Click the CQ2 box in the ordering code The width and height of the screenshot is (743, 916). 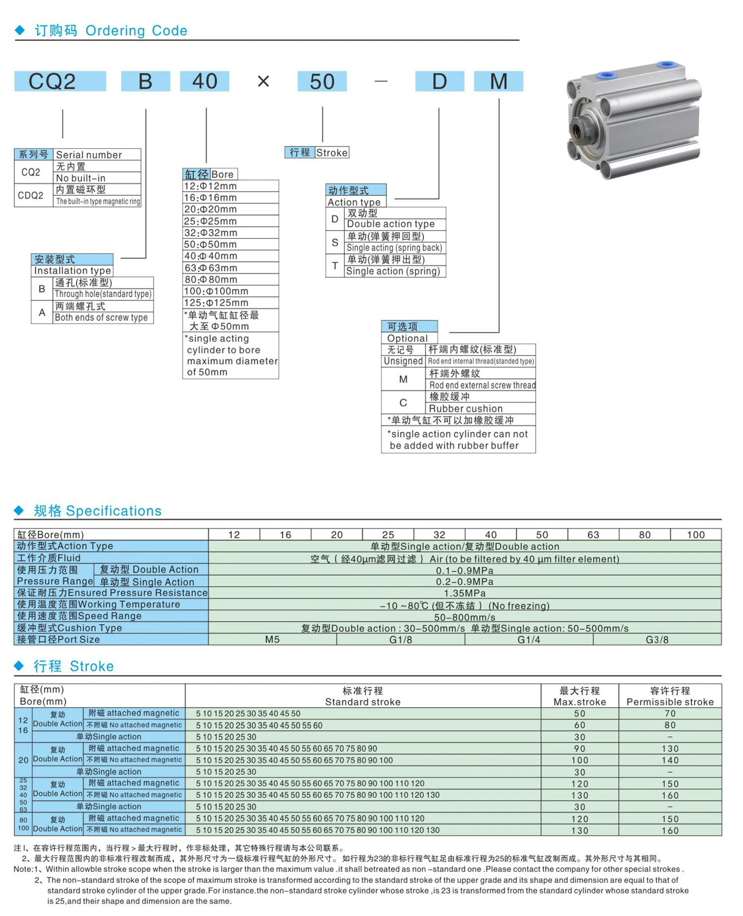pyautogui.click(x=60, y=81)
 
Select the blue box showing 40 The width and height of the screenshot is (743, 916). pyautogui.click(x=204, y=81)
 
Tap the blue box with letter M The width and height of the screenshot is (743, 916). pyautogui.click(x=498, y=81)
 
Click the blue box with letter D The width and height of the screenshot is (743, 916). pyautogui.click(x=439, y=81)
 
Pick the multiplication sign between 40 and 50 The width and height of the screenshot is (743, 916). pyautogui.click(x=264, y=81)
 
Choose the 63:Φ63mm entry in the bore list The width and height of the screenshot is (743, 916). pyautogui.click(x=211, y=268)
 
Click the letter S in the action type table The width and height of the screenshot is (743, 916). pyautogui.click(x=335, y=242)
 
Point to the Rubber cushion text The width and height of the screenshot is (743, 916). pyautogui.click(x=466, y=408)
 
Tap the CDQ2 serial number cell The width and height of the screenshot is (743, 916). pyautogui.click(x=31, y=196)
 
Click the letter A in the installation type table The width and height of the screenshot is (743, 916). pyautogui.click(x=42, y=312)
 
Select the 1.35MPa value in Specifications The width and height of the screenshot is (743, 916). pyautogui.click(x=465, y=593)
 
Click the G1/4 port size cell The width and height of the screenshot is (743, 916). pyautogui.click(x=529, y=640)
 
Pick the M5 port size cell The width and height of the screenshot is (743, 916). pyautogui.click(x=272, y=640)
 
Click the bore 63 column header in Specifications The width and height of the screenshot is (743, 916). pyautogui.click(x=593, y=535)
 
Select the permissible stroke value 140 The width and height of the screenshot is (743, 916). pyautogui.click(x=670, y=760)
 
